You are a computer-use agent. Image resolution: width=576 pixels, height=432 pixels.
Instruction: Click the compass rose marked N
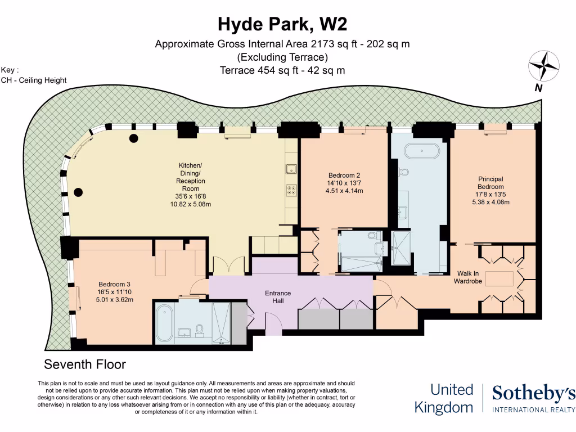pyautogui.click(x=543, y=66)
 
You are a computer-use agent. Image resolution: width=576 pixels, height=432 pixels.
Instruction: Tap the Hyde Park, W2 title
pyautogui.click(x=282, y=24)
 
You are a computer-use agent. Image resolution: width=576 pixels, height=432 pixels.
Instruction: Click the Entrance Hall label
pyautogui.click(x=278, y=297)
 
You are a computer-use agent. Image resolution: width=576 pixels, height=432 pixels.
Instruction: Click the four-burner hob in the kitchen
pyautogui.click(x=291, y=190)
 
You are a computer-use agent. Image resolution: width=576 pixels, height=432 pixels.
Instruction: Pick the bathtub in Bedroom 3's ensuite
pyautogui.click(x=164, y=323)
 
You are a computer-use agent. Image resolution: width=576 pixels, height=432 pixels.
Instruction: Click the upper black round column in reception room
pyautogui.click(x=134, y=138)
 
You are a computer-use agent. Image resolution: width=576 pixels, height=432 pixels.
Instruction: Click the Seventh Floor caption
pyautogui.click(x=85, y=364)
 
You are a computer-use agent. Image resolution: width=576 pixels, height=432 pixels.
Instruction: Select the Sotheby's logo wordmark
pyautogui.click(x=533, y=394)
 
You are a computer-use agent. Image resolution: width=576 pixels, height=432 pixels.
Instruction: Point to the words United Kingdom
pyautogui.click(x=444, y=398)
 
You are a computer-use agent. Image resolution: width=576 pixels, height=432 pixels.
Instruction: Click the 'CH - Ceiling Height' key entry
pyautogui.click(x=34, y=80)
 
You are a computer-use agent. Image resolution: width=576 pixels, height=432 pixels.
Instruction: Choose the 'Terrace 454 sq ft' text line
pyautogui.click(x=282, y=70)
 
